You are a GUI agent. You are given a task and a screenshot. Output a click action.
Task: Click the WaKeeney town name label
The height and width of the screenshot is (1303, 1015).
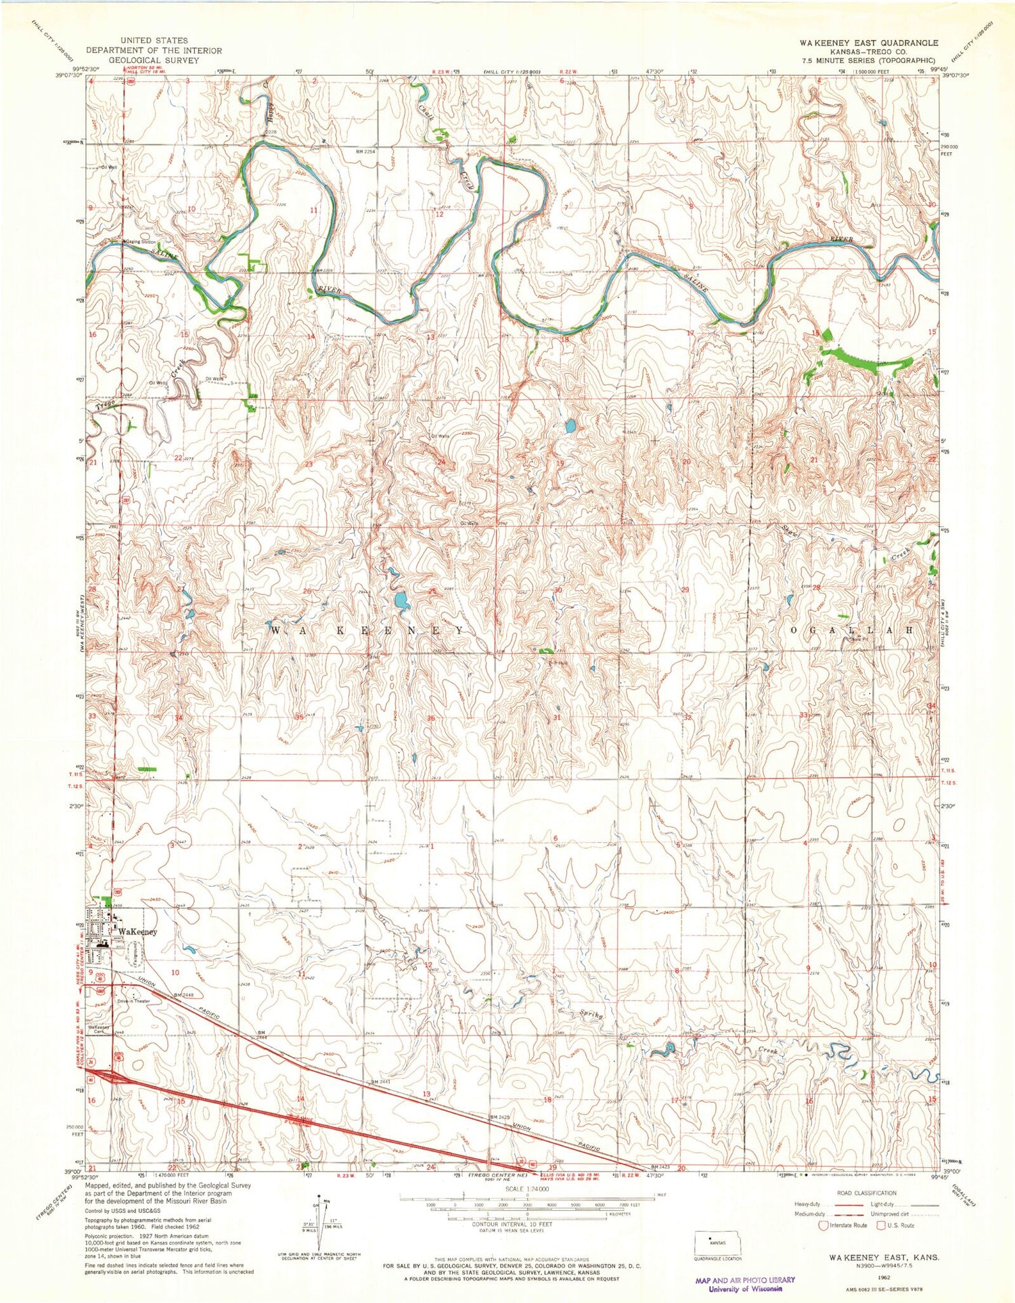137,932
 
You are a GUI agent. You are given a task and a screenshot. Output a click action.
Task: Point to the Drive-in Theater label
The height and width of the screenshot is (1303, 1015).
133,1001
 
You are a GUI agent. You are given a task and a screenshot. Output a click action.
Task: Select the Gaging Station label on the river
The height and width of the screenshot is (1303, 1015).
140,242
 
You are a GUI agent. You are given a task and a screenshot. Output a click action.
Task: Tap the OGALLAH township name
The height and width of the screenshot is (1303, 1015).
852,630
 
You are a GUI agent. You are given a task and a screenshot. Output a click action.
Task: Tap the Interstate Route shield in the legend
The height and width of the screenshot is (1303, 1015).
823,1225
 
